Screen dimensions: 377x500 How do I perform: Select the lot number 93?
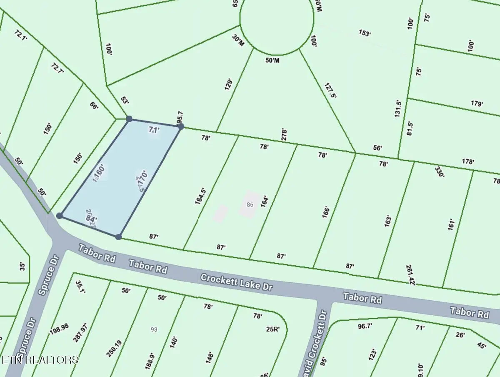tap(154, 329)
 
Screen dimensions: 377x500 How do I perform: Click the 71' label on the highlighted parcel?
tap(154, 130)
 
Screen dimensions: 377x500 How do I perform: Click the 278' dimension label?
tap(285, 135)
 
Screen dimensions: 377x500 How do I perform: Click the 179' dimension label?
tap(477, 104)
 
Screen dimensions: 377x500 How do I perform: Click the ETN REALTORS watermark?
tap(40, 359)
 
